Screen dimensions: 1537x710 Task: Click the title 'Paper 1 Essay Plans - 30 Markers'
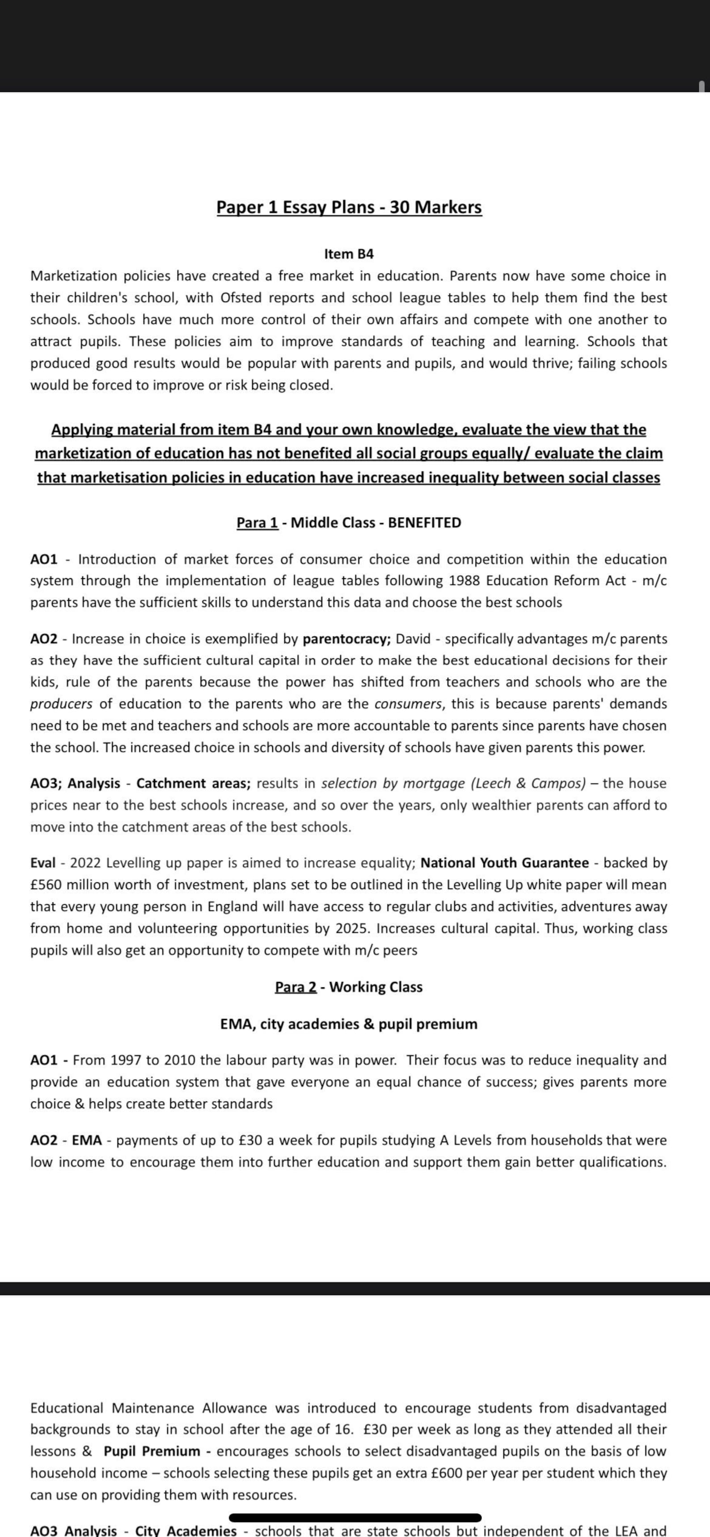tap(349, 207)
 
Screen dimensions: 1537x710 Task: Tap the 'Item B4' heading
tap(349, 254)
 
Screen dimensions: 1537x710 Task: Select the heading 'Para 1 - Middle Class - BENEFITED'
tap(349, 523)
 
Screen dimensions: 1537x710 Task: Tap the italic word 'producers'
tap(61, 704)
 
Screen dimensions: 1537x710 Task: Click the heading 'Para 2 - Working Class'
tap(349, 987)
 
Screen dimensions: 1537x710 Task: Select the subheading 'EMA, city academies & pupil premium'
tap(349, 1024)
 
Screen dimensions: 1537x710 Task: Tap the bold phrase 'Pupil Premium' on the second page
tap(152, 1451)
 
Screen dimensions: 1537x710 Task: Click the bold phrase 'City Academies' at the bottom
tap(186, 1530)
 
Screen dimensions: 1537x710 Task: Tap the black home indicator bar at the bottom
tap(355, 1518)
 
